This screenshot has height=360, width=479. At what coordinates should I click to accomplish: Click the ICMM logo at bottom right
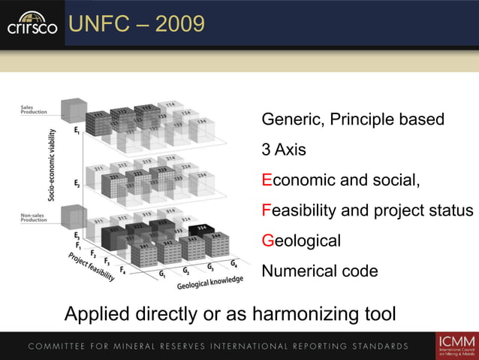click(x=455, y=346)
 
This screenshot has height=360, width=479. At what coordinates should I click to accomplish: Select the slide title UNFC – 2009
click(x=136, y=24)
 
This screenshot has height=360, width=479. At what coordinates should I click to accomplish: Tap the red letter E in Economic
click(x=266, y=180)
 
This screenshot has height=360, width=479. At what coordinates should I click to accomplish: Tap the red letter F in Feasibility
click(x=266, y=210)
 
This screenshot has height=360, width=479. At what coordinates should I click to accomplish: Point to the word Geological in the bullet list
click(x=300, y=241)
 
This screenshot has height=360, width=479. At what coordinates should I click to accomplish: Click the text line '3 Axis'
click(x=283, y=150)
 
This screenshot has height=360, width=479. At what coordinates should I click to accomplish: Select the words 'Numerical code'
click(x=319, y=271)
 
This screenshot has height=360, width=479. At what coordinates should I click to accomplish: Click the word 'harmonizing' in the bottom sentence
click(x=292, y=312)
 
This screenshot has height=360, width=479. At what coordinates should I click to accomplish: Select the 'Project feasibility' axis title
click(x=92, y=266)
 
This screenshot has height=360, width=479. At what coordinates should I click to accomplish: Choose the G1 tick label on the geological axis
click(x=162, y=274)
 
